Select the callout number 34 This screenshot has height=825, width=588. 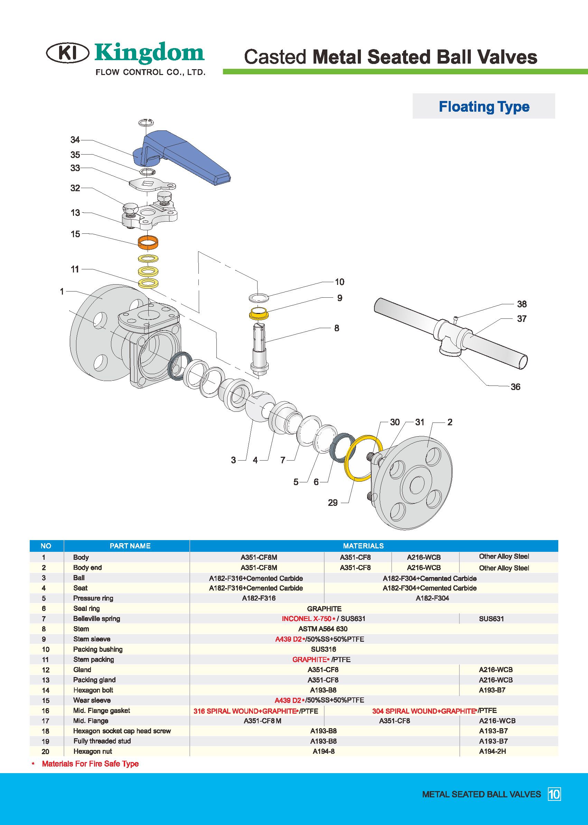pos(75,140)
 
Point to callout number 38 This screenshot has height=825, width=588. pos(521,304)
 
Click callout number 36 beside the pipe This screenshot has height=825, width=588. pos(515,387)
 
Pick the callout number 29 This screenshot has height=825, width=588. pos(333,503)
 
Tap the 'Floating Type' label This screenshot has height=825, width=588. pos(484,106)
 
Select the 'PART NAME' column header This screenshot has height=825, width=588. pos(130,546)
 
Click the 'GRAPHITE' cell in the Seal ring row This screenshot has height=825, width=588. pos(324,609)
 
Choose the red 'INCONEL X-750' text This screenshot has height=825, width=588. pos(306,619)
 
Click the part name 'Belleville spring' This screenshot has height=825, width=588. pos(96,619)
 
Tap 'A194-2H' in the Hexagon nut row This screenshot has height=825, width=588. pos(492,751)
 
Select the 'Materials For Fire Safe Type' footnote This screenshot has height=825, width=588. pos(90,764)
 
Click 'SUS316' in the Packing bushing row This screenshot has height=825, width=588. pos(323,649)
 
